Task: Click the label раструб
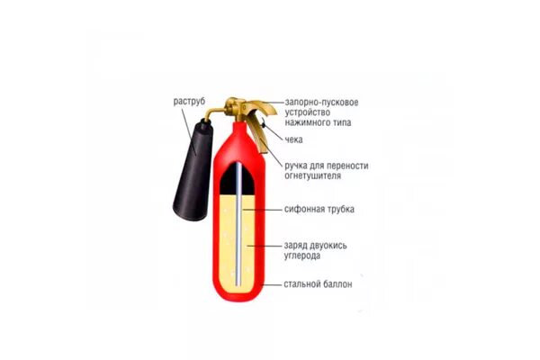click(x=191, y=102)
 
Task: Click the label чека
click(x=293, y=139)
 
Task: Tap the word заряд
click(x=299, y=244)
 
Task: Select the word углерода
click(x=306, y=256)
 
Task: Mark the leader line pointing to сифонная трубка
click(x=263, y=209)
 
